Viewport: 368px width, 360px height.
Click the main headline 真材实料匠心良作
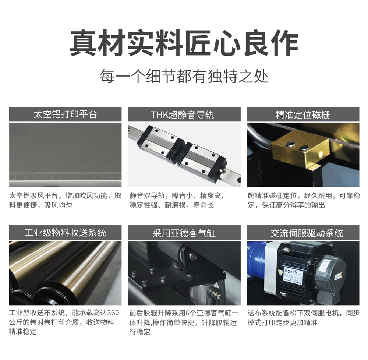coord(184,43)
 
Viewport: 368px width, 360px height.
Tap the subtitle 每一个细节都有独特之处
coord(184,76)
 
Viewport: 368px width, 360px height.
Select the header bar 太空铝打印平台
coord(65,114)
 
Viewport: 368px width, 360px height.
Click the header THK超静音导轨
coord(184,114)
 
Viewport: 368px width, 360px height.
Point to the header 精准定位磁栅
coord(303,114)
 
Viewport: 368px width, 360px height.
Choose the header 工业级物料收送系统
coord(65,233)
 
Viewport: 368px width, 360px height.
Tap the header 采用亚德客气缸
coord(184,233)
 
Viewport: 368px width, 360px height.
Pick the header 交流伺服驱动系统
coord(303,233)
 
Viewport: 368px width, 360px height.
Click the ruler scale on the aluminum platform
coord(65,176)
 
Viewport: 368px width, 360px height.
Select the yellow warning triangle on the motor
coord(280,272)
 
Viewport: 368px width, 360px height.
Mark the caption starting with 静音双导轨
coord(177,200)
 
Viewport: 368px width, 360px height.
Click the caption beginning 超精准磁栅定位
coord(304,200)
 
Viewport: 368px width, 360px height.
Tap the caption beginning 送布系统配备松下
coord(304,318)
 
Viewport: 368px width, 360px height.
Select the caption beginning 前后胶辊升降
coord(184,322)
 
